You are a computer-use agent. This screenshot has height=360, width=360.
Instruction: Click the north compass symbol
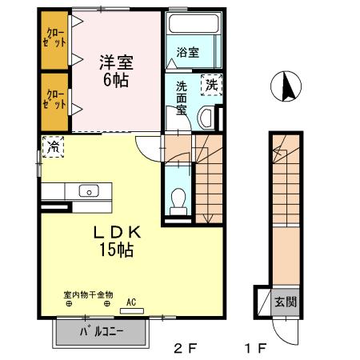tap(287, 86)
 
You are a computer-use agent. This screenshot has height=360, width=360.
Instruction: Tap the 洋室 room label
tap(115, 61)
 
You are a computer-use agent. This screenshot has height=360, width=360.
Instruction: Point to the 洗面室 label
tap(182, 98)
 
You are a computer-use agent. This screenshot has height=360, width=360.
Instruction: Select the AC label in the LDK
tap(130, 302)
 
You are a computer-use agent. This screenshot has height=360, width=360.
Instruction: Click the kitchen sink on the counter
tap(87, 190)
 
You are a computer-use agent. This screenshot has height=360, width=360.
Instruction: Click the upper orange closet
tap(55, 41)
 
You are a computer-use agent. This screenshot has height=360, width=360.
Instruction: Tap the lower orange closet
tap(55, 101)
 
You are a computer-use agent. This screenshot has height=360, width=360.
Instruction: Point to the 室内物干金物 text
tap(90, 294)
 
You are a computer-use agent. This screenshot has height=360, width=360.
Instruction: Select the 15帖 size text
tap(116, 250)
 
